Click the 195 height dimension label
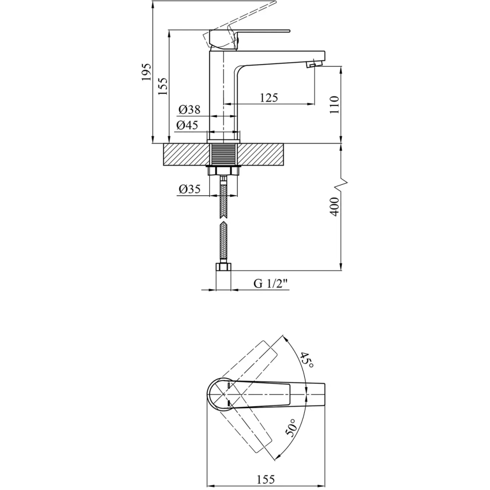[x=146, y=72]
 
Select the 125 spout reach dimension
[x=269, y=98]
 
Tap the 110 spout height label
[x=334, y=105]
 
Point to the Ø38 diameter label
[x=189, y=110]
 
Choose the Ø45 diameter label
[x=187, y=125]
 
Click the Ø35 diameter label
[x=189, y=189]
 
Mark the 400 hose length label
[x=334, y=207]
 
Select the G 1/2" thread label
[x=270, y=284]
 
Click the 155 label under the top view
[x=266, y=479]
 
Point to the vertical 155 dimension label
[x=163, y=86]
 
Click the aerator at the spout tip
[x=314, y=64]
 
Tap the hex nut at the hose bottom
[x=223, y=267]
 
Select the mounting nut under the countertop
[x=223, y=171]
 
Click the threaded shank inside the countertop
[x=223, y=155]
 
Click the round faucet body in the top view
[x=219, y=394]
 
